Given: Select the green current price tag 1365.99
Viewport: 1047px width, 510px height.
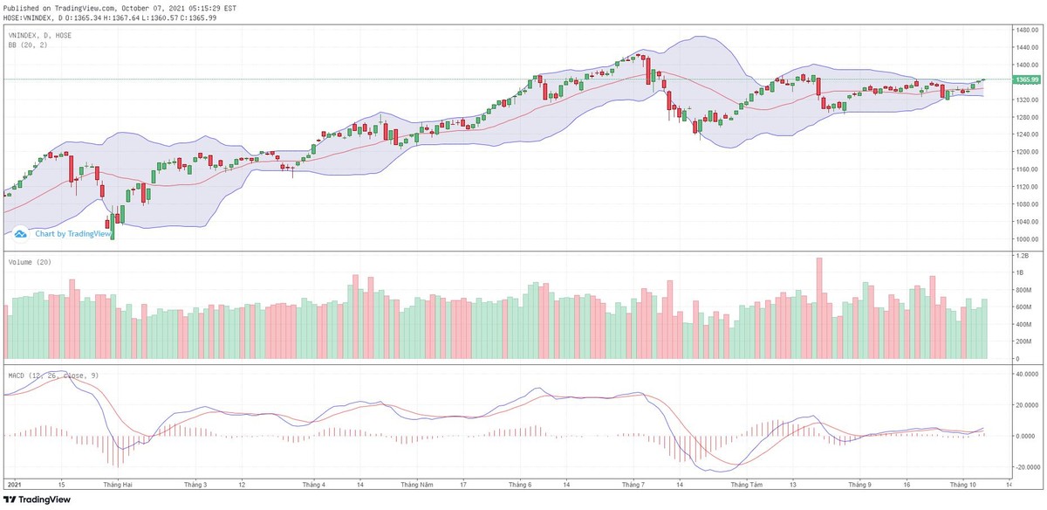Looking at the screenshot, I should pos(1027,79).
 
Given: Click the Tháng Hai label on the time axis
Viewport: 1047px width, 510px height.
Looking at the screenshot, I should pos(117,484).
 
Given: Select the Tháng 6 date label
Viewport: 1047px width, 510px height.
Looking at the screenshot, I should pos(519,484).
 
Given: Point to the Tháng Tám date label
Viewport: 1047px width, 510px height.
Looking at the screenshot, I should pos(746,484).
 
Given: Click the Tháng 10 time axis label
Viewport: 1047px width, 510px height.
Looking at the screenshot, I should pos(963,484).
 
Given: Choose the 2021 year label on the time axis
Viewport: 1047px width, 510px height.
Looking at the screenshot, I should pos(14,484).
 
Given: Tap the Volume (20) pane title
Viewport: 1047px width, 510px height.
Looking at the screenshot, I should pos(30,262).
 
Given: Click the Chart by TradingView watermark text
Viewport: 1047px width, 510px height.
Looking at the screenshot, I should pos(73,234).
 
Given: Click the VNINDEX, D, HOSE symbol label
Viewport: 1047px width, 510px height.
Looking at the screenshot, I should pos(40,35).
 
